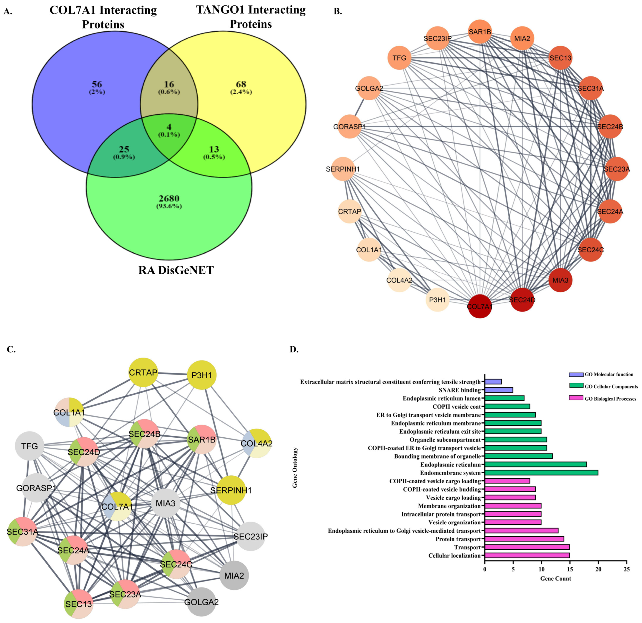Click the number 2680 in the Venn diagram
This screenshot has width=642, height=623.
tap(169, 199)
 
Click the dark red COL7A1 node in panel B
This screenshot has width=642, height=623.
tap(480, 307)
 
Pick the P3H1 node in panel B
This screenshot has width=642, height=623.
tap(438, 300)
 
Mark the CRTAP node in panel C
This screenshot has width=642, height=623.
tap(143, 372)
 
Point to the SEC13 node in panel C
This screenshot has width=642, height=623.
tap(79, 604)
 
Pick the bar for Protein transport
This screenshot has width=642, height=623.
tap(524, 539)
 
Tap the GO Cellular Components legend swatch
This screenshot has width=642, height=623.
tap(576, 386)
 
